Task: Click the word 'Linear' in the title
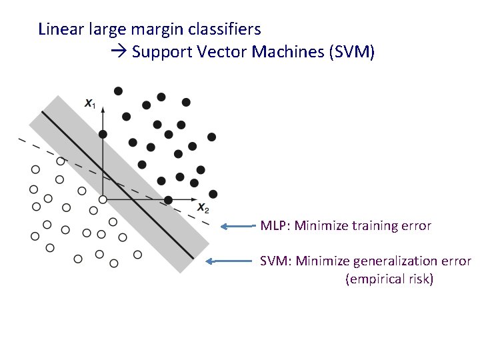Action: [x=58, y=29]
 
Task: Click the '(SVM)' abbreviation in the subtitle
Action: [x=352, y=52]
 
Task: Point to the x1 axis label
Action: [x=89, y=103]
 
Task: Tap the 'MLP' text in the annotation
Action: [x=273, y=225]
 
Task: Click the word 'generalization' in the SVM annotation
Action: [x=389, y=261]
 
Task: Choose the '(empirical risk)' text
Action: [x=389, y=279]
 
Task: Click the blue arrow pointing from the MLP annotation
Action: [x=239, y=226]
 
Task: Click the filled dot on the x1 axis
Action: [x=103, y=134]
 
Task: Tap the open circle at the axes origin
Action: [x=103, y=199]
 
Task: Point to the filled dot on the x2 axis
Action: [x=168, y=199]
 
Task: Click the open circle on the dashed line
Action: [x=60, y=161]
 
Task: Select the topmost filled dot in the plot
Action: [x=118, y=91]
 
